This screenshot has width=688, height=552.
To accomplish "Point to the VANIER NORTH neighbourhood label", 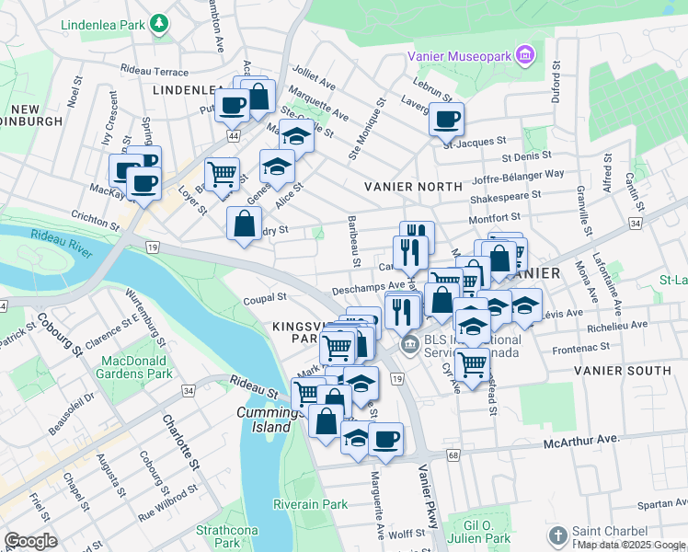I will click(x=413, y=186).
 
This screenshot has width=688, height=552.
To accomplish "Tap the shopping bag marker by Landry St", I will click(x=244, y=223).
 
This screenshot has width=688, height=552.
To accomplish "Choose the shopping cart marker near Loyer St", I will click(x=222, y=173).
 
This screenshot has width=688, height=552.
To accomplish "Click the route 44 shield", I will click(x=235, y=135).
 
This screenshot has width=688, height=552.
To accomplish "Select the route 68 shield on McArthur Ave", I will click(x=453, y=455).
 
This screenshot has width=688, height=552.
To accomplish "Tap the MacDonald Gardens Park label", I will click(x=137, y=366).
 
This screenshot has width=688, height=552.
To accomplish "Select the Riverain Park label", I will click(x=310, y=503).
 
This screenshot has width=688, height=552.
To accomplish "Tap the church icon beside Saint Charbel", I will click(x=557, y=535).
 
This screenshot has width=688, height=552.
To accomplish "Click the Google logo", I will click(x=30, y=541).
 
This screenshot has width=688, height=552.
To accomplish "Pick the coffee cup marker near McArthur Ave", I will click(x=386, y=439).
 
